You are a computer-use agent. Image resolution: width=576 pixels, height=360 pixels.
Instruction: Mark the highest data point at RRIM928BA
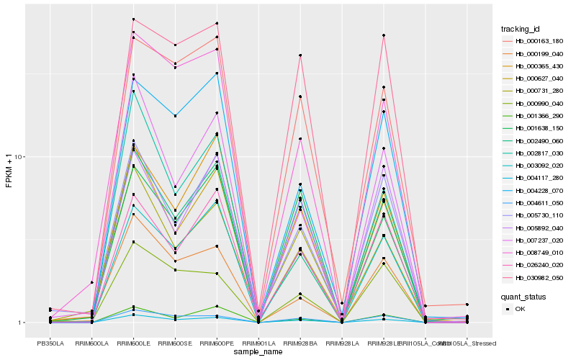point(300,55)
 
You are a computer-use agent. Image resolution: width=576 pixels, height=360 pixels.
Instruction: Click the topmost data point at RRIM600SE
point(175,45)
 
